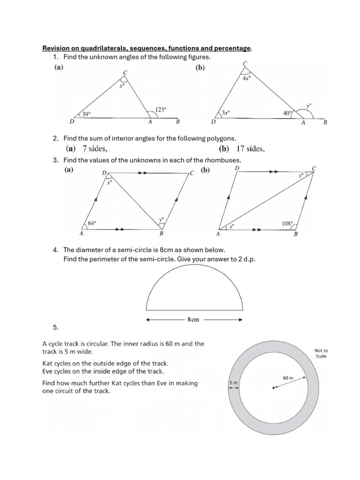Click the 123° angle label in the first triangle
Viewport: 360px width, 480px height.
point(160,109)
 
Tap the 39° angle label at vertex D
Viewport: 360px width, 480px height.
point(86,114)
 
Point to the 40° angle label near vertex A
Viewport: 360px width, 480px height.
point(288,112)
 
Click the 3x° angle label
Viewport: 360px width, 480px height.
point(226,112)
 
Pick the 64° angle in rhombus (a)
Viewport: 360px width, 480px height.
point(90,224)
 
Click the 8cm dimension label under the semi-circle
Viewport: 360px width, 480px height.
point(193,320)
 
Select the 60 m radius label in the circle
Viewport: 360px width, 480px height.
point(288,377)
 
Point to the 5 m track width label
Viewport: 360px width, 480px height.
point(233,383)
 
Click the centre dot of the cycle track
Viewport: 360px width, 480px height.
point(273,387)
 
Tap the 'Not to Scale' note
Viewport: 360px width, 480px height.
point(322,353)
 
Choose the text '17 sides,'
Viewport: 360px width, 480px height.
point(242,149)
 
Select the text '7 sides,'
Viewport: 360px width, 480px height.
point(95,149)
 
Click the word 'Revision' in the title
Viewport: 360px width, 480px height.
point(56,48)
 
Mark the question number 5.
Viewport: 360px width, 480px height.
point(56,326)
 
